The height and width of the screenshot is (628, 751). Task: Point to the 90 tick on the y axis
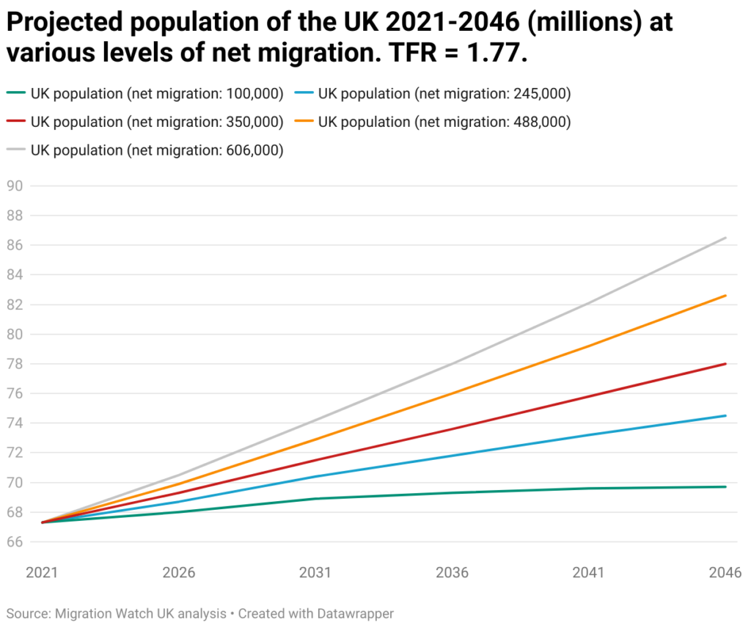[x=15, y=186]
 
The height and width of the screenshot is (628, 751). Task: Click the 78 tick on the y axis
[x=15, y=364]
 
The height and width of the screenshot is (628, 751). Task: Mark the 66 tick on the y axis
[x=15, y=542]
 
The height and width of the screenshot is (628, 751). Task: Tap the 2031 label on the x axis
[x=316, y=573]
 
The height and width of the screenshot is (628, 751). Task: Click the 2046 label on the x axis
[x=725, y=573]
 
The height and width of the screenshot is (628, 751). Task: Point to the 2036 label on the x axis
[x=453, y=573]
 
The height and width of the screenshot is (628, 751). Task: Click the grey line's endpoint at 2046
[x=726, y=238]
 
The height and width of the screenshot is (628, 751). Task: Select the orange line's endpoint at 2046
[x=726, y=296]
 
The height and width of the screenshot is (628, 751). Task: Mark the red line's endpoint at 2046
[x=726, y=364]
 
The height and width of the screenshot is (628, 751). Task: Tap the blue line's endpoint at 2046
[x=726, y=416]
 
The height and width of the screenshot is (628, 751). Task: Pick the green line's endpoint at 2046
[x=726, y=487]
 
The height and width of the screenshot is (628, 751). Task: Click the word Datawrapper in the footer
[x=356, y=613]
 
